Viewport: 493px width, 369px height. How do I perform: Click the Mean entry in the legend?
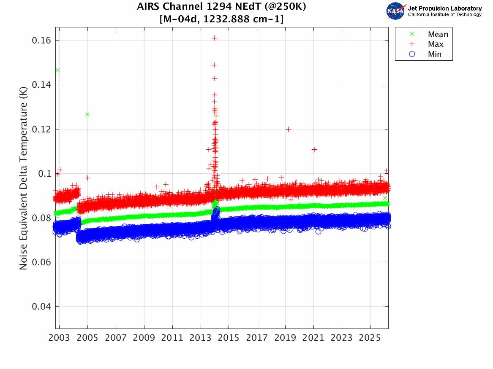click(438, 35)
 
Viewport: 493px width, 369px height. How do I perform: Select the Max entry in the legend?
click(436, 44)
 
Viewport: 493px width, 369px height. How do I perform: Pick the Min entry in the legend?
click(435, 54)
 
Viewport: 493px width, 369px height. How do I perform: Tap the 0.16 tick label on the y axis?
click(41, 40)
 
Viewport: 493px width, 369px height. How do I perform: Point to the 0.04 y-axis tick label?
click(41, 307)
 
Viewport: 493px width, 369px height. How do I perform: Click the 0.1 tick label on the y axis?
click(45, 174)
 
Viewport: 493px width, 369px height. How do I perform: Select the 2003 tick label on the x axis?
click(60, 338)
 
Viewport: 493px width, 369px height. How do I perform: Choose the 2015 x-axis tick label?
click(229, 338)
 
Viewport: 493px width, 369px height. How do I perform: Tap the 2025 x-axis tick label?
click(370, 338)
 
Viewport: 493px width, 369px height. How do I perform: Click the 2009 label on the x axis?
click(144, 338)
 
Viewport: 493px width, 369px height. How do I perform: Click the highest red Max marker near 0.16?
click(214, 38)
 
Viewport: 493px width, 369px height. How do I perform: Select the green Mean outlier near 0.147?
click(57, 70)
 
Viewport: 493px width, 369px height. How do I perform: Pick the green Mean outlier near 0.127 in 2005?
click(87, 114)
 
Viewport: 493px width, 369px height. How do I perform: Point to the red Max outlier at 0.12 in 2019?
click(288, 129)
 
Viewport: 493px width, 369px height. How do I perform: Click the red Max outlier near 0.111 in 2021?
click(314, 149)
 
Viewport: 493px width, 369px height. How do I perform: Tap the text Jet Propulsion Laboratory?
click(444, 8)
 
